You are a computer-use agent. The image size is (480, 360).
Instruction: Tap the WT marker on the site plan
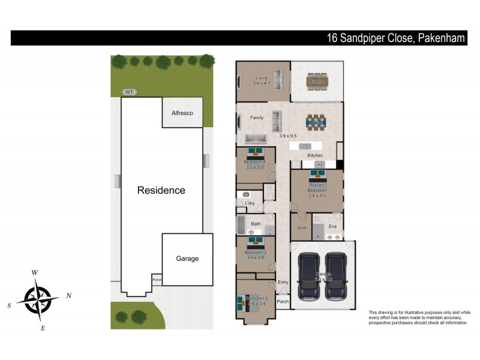[128, 92]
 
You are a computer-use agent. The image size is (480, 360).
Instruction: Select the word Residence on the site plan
[161, 190]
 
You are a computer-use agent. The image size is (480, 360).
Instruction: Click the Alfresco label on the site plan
[182, 113]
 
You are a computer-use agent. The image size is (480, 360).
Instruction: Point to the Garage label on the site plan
[187, 259]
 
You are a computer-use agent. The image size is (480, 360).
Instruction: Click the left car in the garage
[308, 276]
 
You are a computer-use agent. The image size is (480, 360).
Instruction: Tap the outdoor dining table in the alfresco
[317, 82]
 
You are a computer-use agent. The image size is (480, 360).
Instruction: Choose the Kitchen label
[316, 155]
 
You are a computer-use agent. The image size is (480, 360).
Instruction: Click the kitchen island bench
[305, 146]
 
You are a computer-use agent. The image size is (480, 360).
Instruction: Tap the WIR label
[302, 229]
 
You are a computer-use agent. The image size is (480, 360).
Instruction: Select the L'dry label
[250, 204]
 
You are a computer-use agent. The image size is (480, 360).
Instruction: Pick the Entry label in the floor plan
[283, 282]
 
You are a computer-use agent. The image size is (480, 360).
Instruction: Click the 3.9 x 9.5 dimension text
[288, 136]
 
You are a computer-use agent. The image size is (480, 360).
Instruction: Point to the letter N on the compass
[69, 295]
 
